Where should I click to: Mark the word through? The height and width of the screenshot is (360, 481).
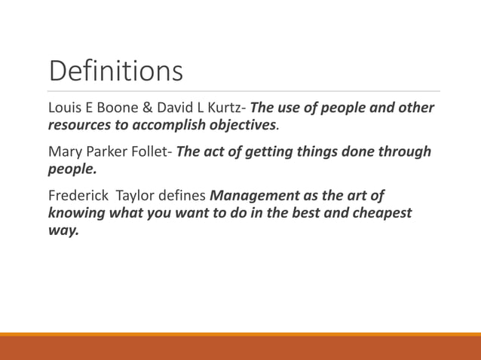coord(404,153)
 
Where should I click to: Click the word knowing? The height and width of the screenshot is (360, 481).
coord(76,214)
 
